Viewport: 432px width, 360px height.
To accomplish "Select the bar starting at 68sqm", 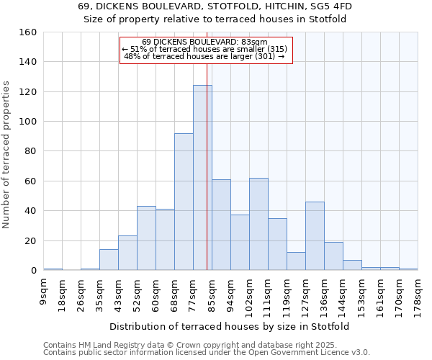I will (184, 202).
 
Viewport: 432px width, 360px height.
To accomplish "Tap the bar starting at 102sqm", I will (258, 224).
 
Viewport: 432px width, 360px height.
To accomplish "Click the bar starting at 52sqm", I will (146, 238).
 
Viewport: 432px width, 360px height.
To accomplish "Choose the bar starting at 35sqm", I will (109, 260).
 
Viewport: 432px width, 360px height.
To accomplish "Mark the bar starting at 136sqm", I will (333, 256).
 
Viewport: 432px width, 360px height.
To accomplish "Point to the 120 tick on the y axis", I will (28, 92).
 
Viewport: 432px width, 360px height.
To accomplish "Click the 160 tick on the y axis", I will (28, 32).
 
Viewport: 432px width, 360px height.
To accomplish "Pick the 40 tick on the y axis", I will (30, 211).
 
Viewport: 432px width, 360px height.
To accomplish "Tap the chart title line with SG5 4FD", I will (215, 6).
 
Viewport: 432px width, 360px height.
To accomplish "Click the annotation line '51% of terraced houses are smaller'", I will (205, 49).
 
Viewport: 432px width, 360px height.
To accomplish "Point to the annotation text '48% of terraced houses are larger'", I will (205, 56).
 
